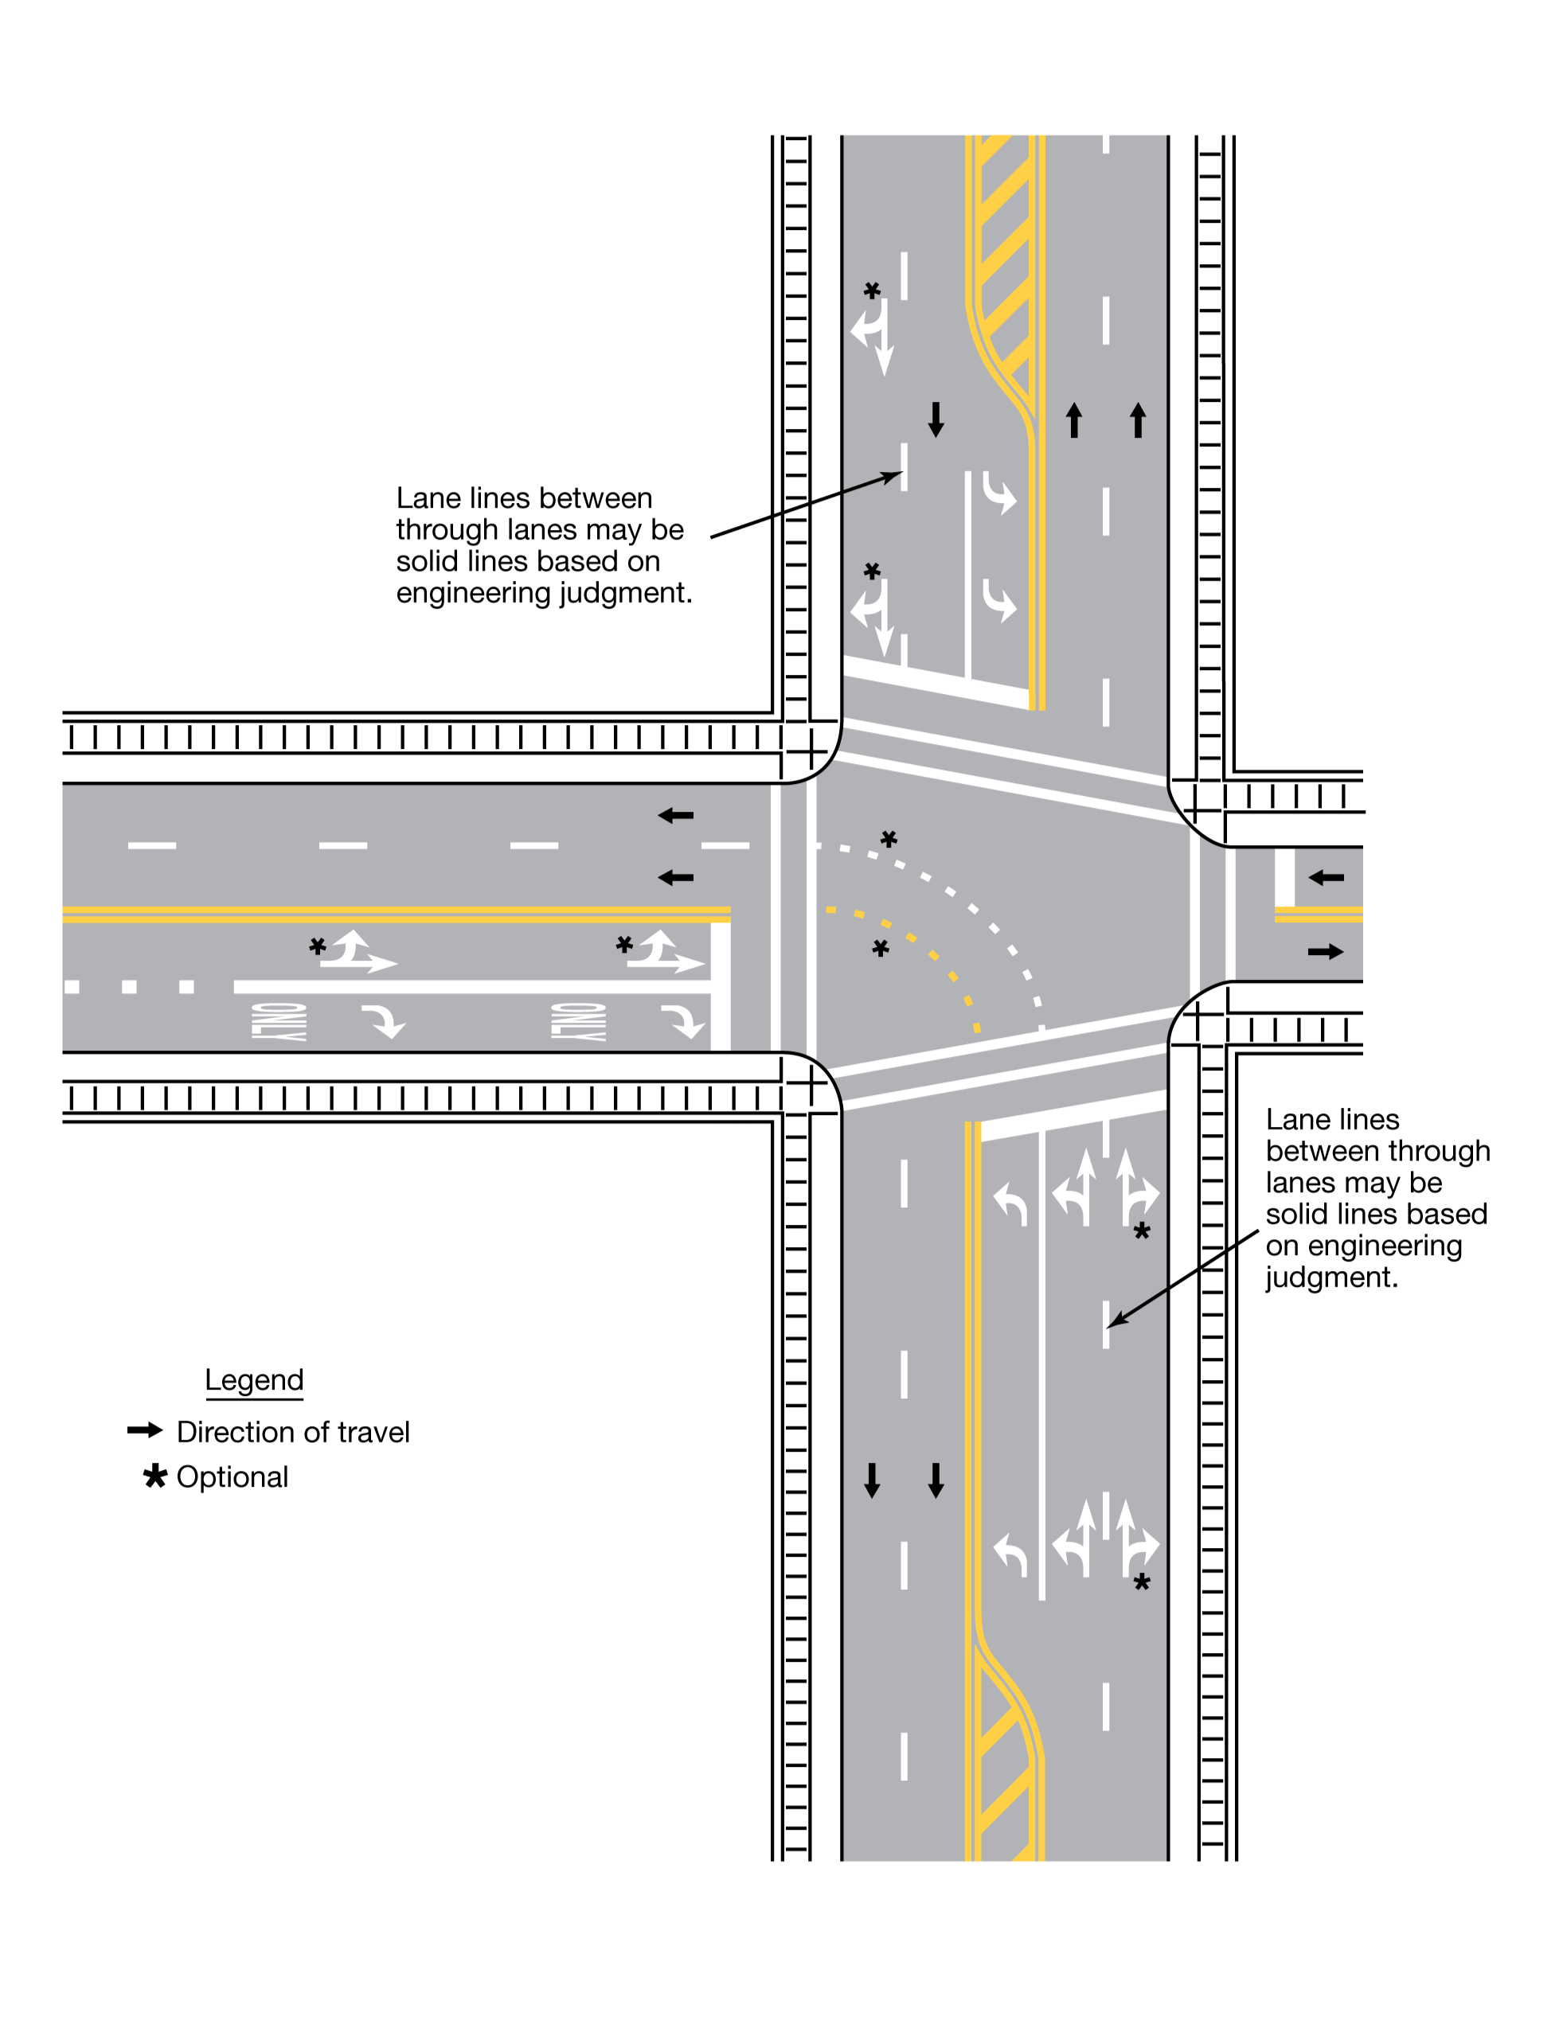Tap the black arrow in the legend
[145, 1430]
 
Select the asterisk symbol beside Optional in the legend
[155, 1476]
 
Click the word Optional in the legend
[232, 1477]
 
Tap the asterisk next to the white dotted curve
[889, 840]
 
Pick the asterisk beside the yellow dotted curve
[881, 948]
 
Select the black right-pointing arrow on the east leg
[1325, 952]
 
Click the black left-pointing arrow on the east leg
[1327, 877]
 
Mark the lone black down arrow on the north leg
[936, 419]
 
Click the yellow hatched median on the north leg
[1004, 269]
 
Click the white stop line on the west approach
[720, 986]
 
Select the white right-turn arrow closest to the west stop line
[682, 1020]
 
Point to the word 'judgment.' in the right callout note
[1331, 1277]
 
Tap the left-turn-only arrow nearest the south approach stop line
[1010, 1203]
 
